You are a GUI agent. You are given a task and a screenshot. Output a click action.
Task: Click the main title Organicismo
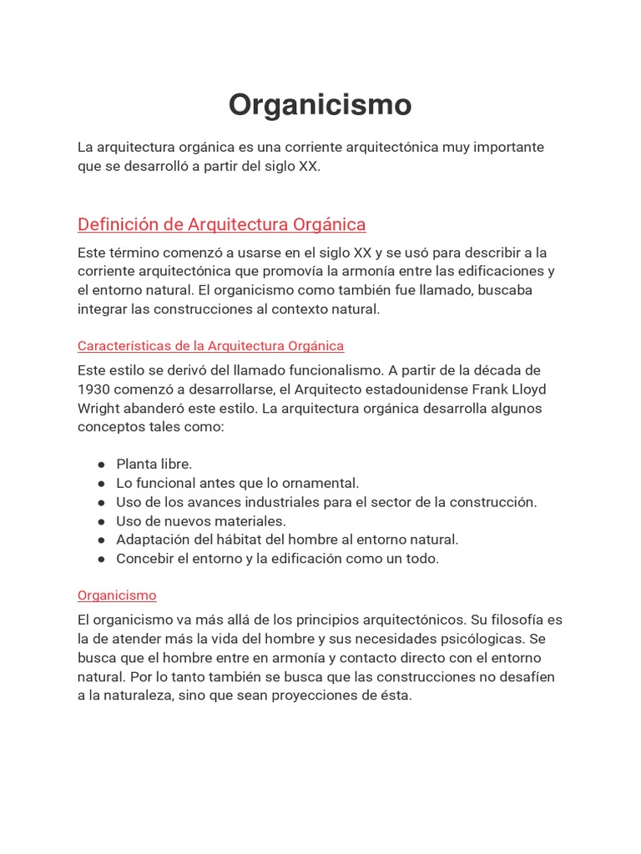click(320, 105)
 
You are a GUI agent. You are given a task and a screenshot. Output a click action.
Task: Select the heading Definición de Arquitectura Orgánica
click(221, 224)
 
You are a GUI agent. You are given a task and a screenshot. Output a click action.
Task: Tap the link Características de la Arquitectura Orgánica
click(210, 345)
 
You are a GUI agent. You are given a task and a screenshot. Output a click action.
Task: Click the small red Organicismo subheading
click(117, 595)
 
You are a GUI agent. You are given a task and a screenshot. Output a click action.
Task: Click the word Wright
click(99, 409)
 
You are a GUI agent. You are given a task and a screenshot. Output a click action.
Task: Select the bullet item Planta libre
click(154, 464)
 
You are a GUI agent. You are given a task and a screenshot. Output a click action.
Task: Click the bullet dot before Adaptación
click(101, 540)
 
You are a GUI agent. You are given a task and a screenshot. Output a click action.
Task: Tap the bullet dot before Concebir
click(101, 560)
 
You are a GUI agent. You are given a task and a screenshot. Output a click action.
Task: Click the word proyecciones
click(317, 696)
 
